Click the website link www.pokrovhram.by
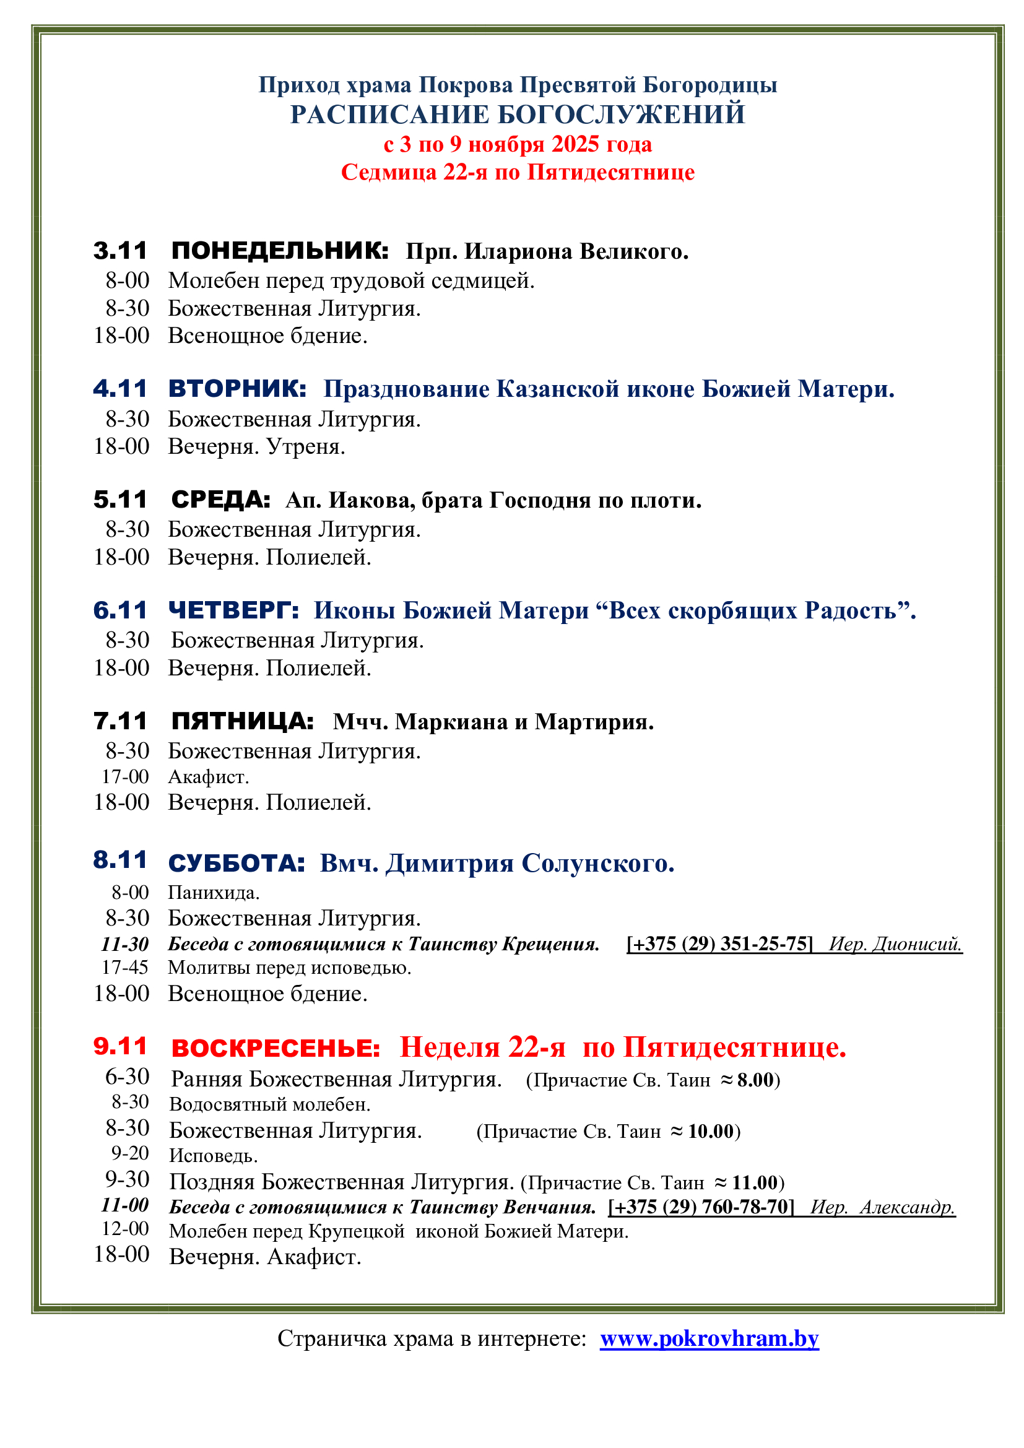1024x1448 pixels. [709, 1338]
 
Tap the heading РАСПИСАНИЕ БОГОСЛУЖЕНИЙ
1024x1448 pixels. [517, 115]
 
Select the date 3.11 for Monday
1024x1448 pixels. [120, 251]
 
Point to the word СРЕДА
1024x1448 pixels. [220, 500]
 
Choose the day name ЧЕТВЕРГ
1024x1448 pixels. [233, 610]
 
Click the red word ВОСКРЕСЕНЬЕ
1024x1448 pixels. [276, 1048]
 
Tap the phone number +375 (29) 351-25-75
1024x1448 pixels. [719, 944]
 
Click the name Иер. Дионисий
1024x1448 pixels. [895, 944]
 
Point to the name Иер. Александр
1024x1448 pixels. [883, 1207]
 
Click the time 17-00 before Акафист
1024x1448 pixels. [125, 777]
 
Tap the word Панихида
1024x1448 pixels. [214, 893]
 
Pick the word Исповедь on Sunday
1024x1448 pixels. [213, 1156]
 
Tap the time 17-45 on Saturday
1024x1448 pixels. [125, 968]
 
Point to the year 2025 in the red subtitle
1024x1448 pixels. [575, 144]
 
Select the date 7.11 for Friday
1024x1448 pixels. [120, 721]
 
